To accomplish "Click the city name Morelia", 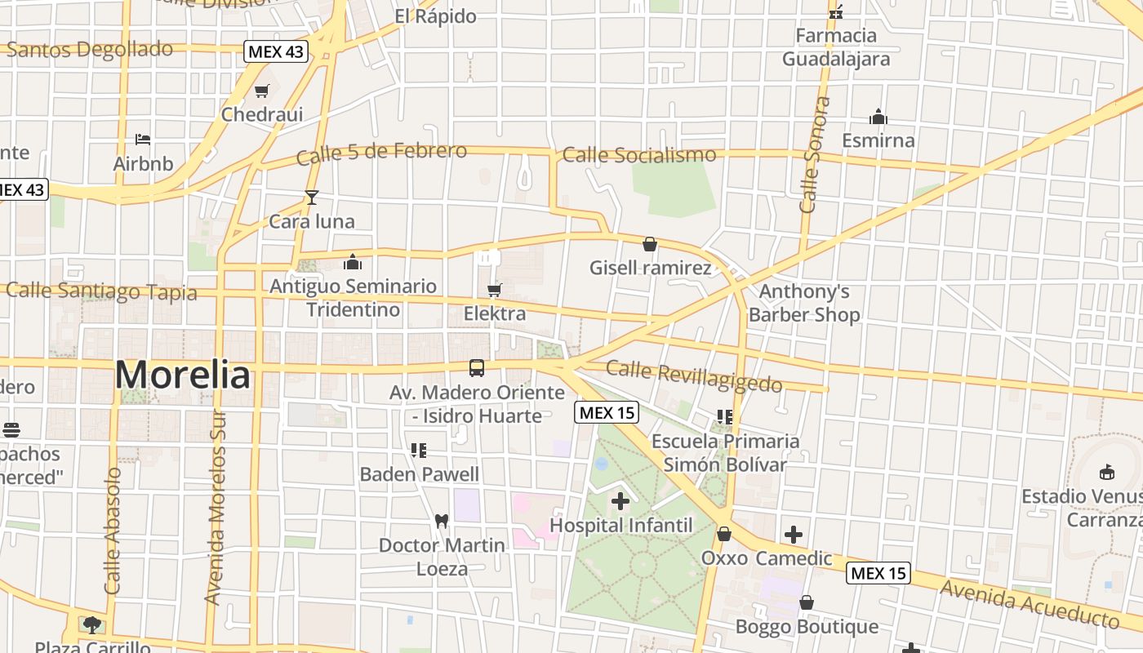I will pyautogui.click(x=182, y=375).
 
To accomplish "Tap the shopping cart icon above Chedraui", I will pyautogui.click(x=261, y=91).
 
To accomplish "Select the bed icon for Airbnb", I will pyautogui.click(x=143, y=140).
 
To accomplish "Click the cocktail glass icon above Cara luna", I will pyautogui.click(x=311, y=197).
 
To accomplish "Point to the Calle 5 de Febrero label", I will pyautogui.click(x=381, y=153).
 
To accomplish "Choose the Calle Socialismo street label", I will pyautogui.click(x=639, y=154).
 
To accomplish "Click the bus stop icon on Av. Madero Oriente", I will pyautogui.click(x=477, y=368).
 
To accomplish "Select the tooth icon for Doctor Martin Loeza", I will pyautogui.click(x=442, y=521).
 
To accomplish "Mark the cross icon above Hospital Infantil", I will pyautogui.click(x=620, y=500).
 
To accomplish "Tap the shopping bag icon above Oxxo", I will pyautogui.click(x=723, y=535).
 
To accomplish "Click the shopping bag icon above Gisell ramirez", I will pyautogui.click(x=650, y=244).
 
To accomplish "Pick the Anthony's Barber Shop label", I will pyautogui.click(x=804, y=303).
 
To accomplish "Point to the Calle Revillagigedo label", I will pyautogui.click(x=694, y=377).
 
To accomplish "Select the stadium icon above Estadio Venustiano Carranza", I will pyautogui.click(x=1106, y=473).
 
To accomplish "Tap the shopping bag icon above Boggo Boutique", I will pyautogui.click(x=807, y=602).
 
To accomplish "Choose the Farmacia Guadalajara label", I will pyautogui.click(x=836, y=47).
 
